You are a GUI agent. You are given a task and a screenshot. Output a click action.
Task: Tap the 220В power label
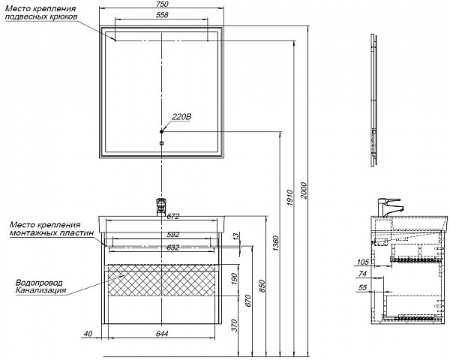click(x=182, y=116)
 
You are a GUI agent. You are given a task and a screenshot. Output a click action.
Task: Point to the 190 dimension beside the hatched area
click(x=234, y=280)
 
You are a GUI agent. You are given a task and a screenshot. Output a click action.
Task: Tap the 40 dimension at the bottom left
click(x=88, y=334)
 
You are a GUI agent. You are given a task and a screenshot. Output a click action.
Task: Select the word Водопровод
click(x=39, y=282)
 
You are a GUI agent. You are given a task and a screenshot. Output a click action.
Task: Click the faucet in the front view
click(x=160, y=205)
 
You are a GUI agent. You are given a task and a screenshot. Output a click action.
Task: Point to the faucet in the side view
click(x=390, y=206)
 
